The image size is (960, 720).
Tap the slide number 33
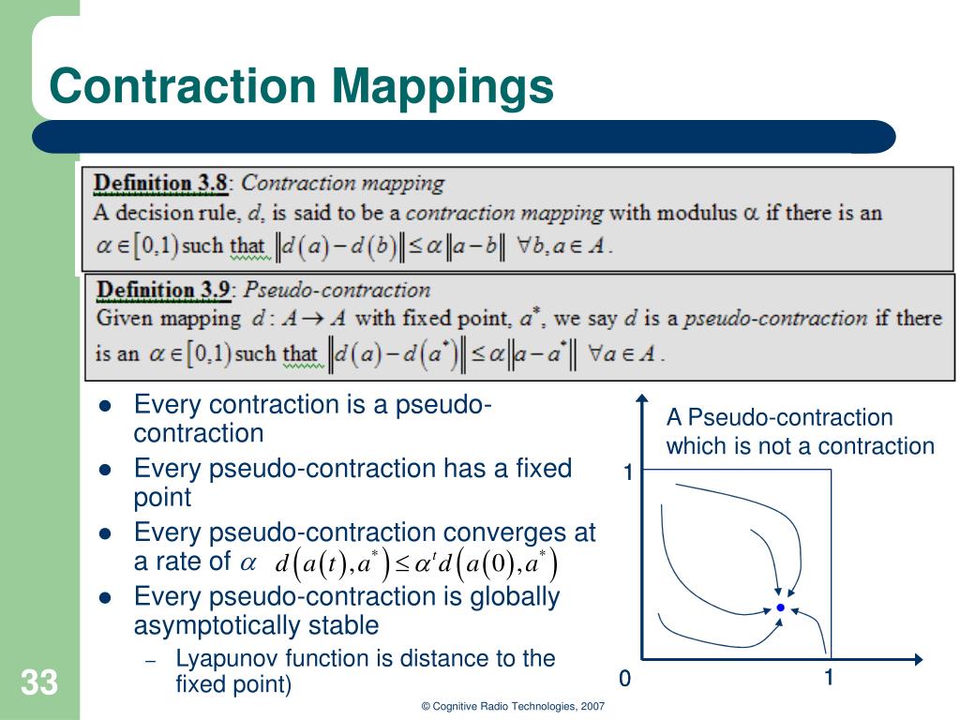pyautogui.click(x=38, y=682)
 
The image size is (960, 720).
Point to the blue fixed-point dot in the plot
pyautogui.click(x=780, y=608)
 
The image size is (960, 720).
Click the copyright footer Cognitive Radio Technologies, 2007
pyautogui.click(x=513, y=706)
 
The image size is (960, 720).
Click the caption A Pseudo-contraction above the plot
pyautogui.click(x=779, y=417)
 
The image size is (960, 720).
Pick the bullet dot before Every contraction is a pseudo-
pyautogui.click(x=105, y=406)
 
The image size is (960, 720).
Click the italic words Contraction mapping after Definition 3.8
pyautogui.click(x=343, y=183)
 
